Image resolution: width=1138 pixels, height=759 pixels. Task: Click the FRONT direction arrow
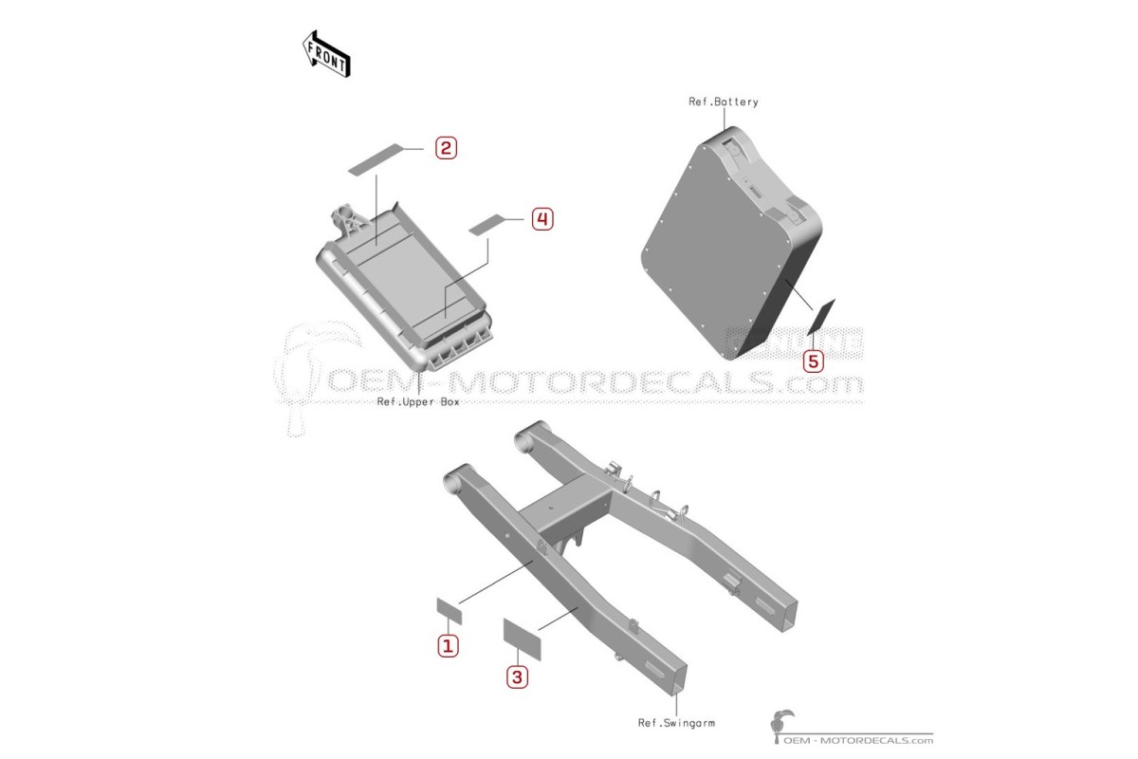(325, 54)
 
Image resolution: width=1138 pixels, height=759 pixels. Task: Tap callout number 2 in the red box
(446, 148)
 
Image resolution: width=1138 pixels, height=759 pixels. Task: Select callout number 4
(542, 219)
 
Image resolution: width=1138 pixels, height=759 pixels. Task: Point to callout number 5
(813, 361)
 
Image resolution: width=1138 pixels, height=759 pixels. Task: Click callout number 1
(448, 646)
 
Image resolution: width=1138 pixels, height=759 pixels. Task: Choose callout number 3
(517, 677)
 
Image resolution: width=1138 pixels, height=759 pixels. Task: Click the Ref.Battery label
(723, 102)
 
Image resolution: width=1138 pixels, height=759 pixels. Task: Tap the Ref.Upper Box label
(418, 401)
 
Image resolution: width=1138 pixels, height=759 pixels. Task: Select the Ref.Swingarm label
(676, 722)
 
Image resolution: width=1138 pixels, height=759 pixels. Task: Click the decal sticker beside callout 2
(376, 159)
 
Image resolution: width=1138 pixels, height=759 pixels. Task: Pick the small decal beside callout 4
(487, 225)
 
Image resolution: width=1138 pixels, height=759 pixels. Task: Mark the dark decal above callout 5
(821, 317)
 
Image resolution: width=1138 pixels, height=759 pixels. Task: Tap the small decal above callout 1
(450, 611)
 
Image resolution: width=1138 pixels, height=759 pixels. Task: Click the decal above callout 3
(522, 639)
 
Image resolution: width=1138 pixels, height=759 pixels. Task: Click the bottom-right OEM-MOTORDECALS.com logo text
(858, 740)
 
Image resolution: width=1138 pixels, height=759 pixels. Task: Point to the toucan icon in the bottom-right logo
(780, 726)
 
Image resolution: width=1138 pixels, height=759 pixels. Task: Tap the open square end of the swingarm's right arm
(785, 615)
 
